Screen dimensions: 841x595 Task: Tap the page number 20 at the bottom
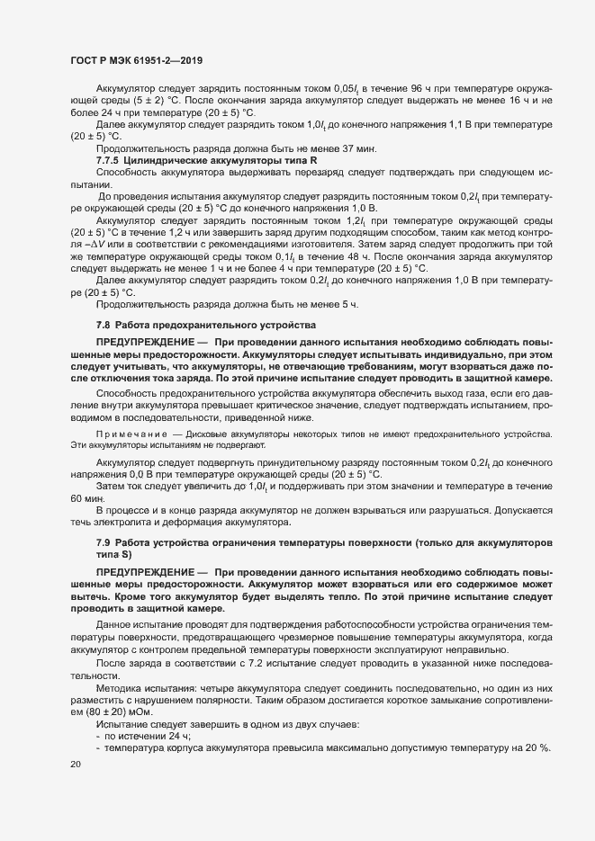pos(75,765)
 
